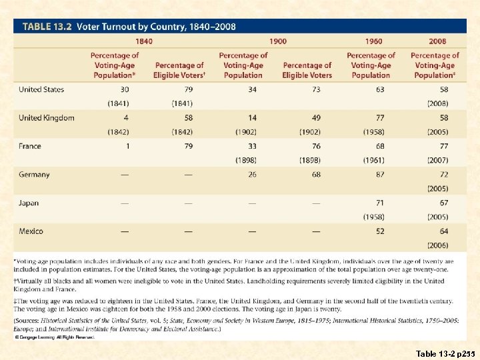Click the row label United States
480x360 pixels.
click(x=41, y=89)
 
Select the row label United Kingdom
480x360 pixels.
click(x=47, y=118)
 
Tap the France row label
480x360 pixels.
click(x=30, y=146)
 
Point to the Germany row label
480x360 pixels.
click(x=34, y=175)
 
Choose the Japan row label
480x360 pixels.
click(x=29, y=203)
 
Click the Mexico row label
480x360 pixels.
click(x=31, y=231)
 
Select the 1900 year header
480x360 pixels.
click(x=278, y=41)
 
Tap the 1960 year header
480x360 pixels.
click(x=373, y=41)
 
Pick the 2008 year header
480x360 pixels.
click(x=437, y=41)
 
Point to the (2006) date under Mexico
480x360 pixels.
click(x=437, y=245)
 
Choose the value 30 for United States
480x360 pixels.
click(x=125, y=89)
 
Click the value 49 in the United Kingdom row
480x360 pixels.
click(x=315, y=118)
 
